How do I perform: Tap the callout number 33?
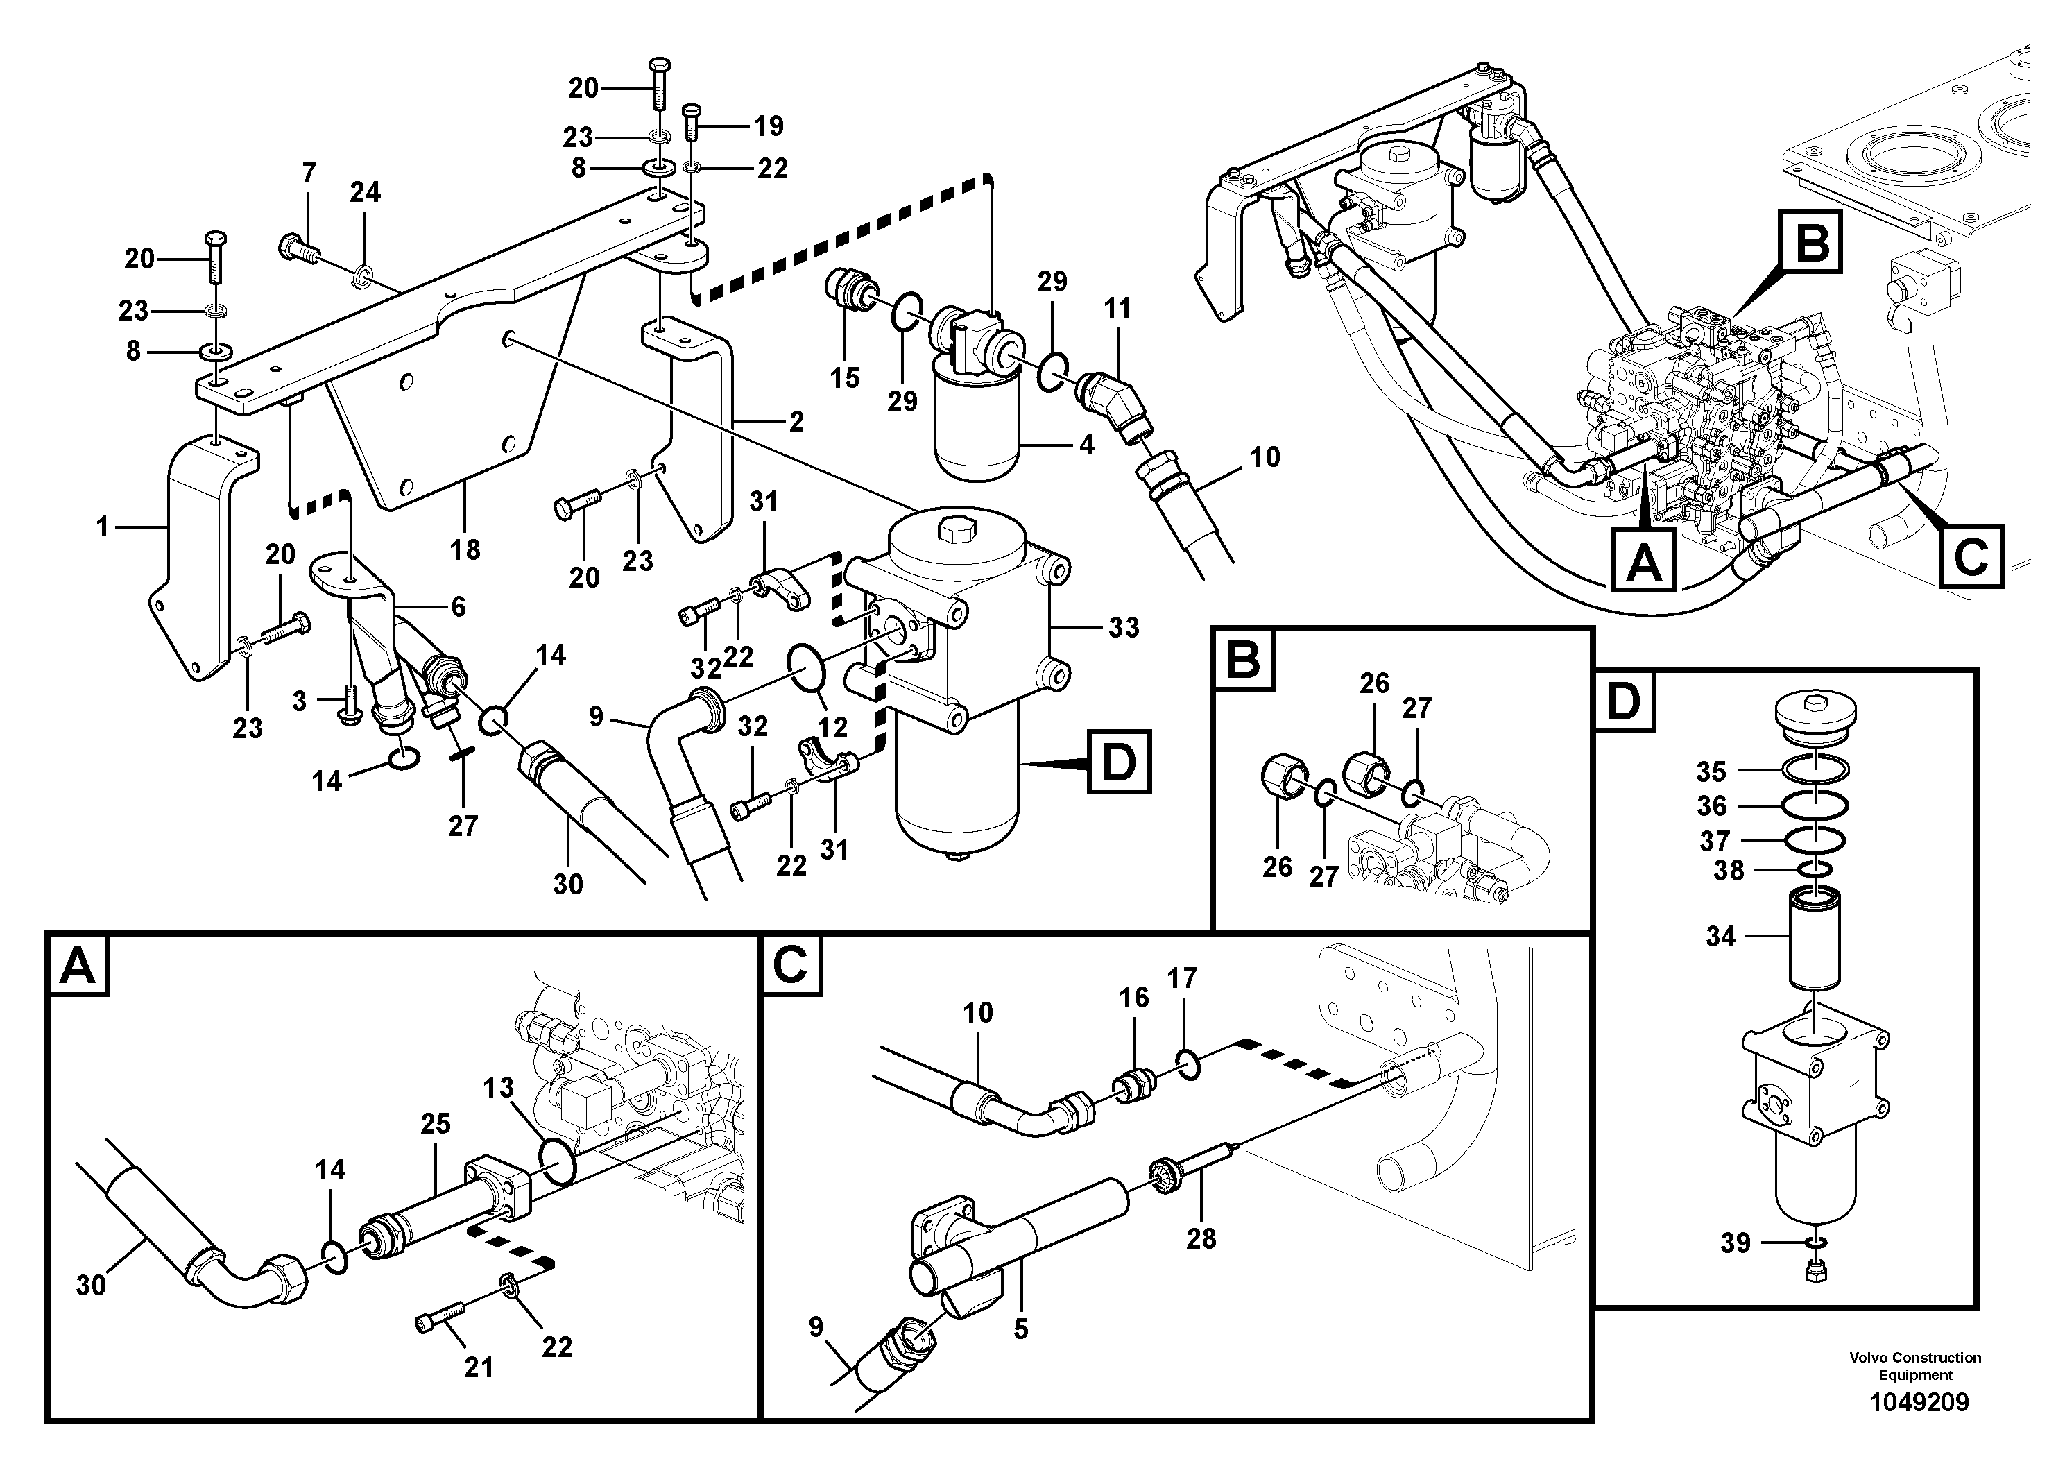1123,627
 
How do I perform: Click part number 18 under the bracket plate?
465,549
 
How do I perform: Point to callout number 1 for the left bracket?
103,526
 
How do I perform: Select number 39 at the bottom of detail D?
1735,1244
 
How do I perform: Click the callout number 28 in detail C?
1201,1238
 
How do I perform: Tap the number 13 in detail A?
497,1088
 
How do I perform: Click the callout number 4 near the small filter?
1086,444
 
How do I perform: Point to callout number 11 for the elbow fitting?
1117,309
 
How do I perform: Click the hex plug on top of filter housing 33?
952,531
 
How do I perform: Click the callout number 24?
365,191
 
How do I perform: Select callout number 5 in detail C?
1020,1329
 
